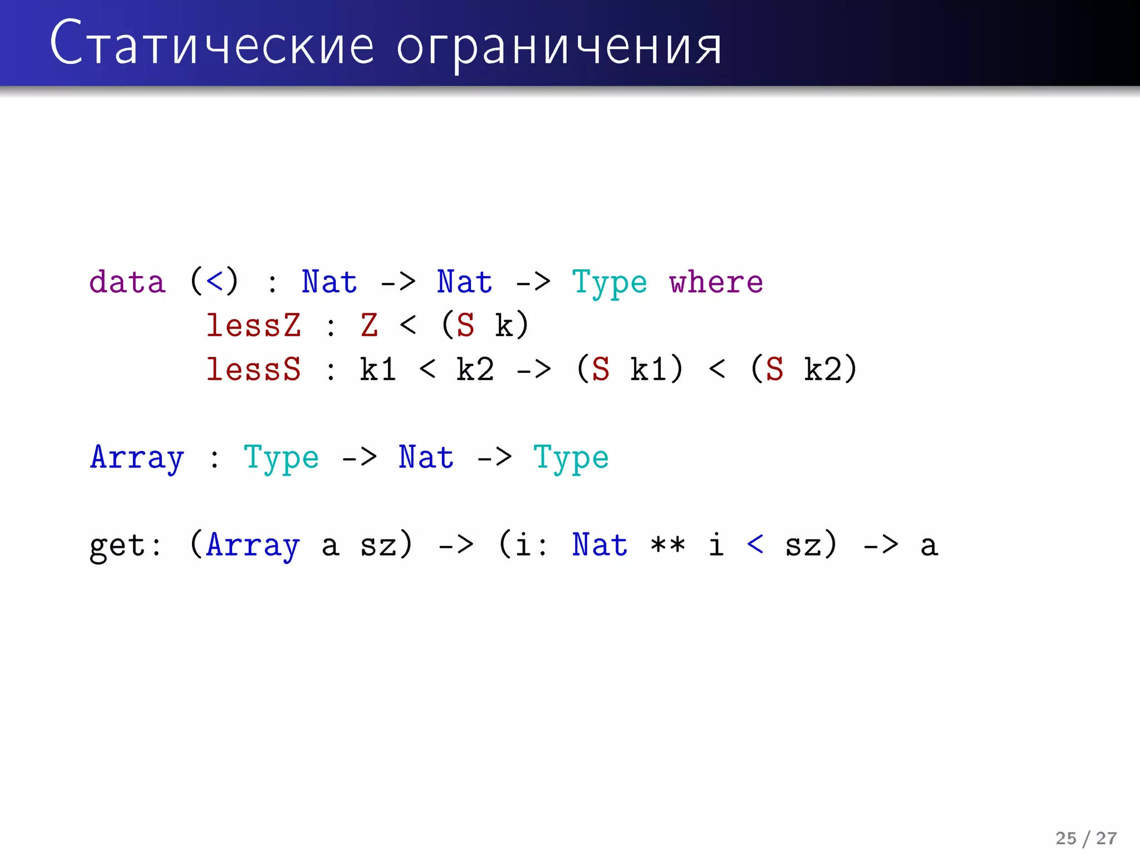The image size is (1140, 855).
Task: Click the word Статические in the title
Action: tap(212, 45)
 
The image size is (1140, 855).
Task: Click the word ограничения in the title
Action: tap(559, 48)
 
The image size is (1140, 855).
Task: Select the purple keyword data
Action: tap(127, 282)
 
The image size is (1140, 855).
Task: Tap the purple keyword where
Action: tap(715, 282)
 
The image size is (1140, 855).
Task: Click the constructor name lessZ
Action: tap(253, 326)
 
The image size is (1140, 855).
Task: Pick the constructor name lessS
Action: tap(253, 370)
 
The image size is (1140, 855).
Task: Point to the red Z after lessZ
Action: tap(369, 326)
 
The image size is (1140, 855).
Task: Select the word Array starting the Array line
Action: tap(137, 458)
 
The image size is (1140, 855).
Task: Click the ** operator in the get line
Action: tap(667, 546)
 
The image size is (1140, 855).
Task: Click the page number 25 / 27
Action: tap(1085, 838)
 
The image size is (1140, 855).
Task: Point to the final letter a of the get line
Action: tap(928, 546)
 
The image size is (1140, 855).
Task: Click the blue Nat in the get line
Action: tap(600, 545)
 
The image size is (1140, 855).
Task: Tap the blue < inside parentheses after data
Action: tap(214, 282)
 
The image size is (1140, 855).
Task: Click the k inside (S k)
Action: tap(504, 326)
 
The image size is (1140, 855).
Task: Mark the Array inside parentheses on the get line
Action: tap(253, 546)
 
